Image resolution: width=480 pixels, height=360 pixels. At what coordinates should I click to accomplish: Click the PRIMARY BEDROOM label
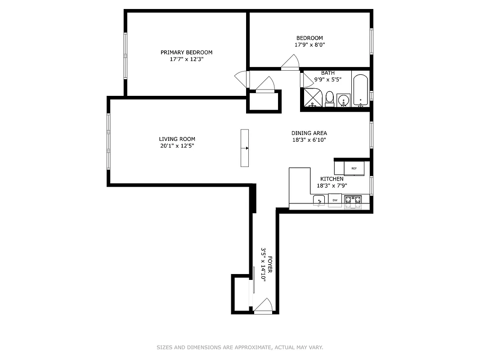(186, 53)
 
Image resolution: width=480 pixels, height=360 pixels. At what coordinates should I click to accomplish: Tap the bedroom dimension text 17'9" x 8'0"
(309, 45)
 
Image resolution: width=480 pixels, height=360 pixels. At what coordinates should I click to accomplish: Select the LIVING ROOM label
(177, 139)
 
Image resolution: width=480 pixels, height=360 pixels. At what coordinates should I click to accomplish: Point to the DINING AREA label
(309, 133)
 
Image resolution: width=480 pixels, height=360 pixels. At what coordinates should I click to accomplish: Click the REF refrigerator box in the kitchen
(354, 168)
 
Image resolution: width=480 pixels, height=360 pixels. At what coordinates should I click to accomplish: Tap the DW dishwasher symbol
(335, 200)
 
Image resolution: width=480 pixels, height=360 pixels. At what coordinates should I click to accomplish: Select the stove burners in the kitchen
(353, 200)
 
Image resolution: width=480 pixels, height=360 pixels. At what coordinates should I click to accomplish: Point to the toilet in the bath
(329, 99)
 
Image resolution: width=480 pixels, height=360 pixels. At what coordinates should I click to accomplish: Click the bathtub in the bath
(360, 91)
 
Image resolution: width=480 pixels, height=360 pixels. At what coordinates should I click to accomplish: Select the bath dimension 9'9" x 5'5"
(327, 80)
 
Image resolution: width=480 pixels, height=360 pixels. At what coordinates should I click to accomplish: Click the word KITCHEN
(332, 179)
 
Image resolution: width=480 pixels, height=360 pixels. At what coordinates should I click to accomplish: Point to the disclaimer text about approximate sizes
(240, 347)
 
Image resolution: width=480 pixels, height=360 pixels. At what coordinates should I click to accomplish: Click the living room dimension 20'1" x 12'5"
(177, 146)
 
